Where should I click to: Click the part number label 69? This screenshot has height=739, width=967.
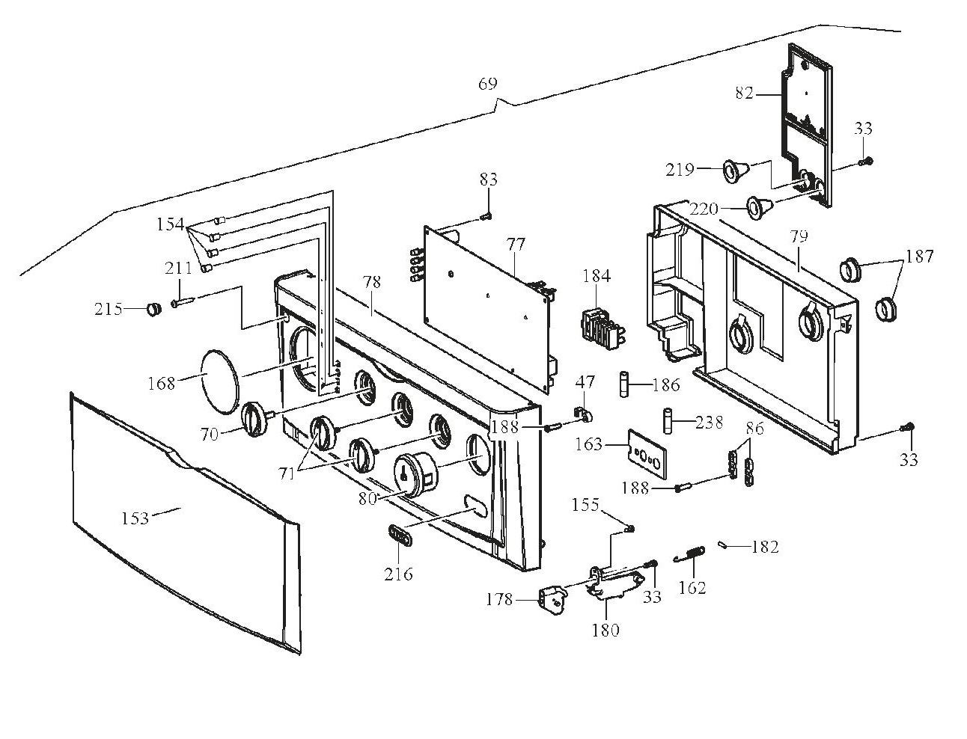[487, 84]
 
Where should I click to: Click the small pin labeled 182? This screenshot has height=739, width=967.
[723, 545]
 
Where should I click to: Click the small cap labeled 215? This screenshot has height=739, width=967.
[153, 308]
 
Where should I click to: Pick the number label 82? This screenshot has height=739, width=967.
[743, 94]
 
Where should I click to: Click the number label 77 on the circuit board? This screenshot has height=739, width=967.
[516, 245]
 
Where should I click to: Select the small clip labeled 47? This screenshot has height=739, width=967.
[583, 411]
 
